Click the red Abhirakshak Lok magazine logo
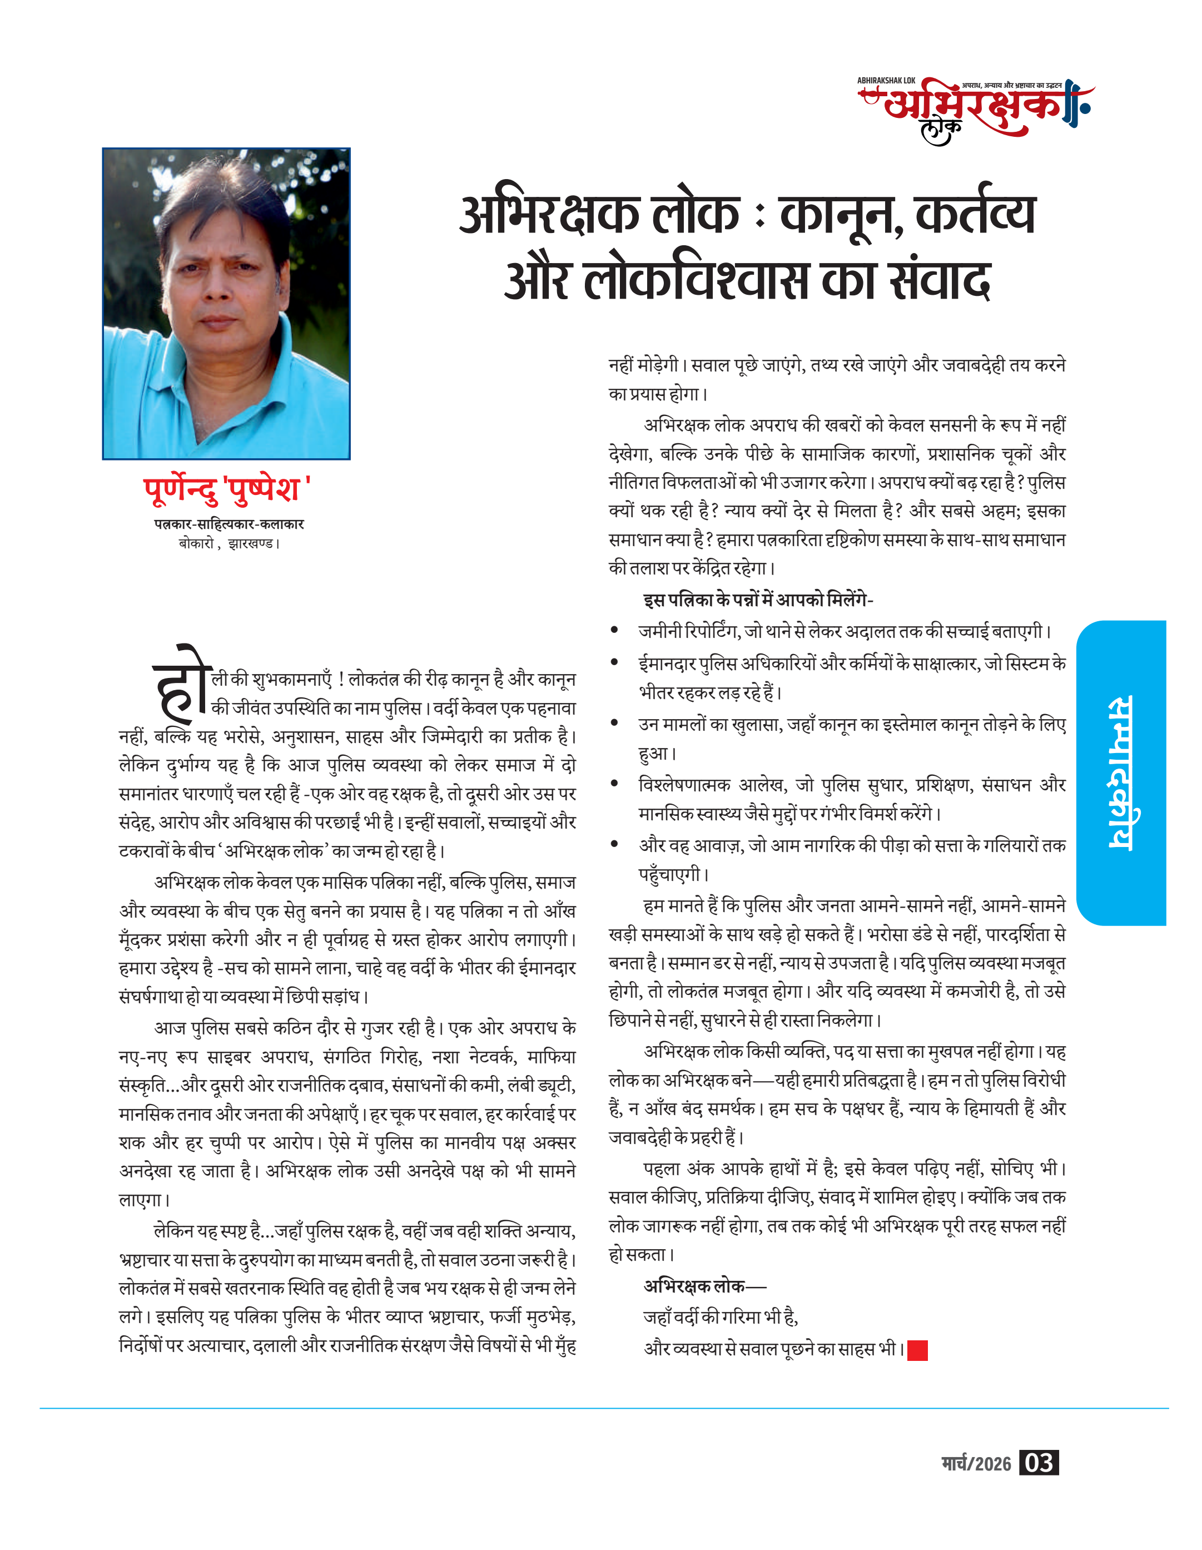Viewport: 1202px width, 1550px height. (x=976, y=110)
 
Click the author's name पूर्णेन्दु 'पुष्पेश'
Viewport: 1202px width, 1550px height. (x=227, y=489)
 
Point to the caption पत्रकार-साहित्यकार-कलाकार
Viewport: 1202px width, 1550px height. (x=229, y=524)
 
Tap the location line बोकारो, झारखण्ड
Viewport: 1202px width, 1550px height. (x=229, y=543)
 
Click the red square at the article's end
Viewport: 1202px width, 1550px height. (x=917, y=1350)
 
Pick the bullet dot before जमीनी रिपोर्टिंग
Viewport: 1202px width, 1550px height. (x=615, y=630)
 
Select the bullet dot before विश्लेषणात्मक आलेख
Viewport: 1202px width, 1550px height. (x=615, y=783)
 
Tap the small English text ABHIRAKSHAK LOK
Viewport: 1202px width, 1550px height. (x=886, y=81)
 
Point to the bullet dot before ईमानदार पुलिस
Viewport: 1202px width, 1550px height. (x=615, y=662)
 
